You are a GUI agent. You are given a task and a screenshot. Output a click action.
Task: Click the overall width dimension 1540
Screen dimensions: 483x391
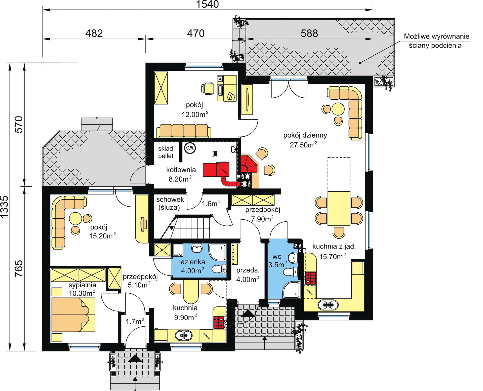pos(207,4)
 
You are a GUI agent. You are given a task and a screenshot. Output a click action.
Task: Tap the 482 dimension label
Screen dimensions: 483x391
pos(94,33)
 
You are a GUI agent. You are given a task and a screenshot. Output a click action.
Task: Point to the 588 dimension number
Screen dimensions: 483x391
pos(309,33)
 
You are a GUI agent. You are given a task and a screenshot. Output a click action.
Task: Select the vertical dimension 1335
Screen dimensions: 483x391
pos(5,207)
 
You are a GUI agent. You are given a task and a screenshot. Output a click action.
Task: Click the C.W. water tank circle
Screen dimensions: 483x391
pos(190,148)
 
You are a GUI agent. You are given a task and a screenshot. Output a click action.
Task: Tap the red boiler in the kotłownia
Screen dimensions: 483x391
pos(216,169)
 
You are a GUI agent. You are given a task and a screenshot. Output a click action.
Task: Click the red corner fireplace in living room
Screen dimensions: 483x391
pos(249,163)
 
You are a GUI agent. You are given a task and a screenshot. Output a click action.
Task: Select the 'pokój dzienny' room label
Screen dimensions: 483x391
pos(305,135)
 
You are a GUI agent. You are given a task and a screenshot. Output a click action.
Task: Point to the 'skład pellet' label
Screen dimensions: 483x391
pos(166,152)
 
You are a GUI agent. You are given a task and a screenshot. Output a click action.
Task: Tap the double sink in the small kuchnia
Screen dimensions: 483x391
pos(184,335)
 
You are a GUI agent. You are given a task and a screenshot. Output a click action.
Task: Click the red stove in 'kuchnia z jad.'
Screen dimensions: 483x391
pos(310,278)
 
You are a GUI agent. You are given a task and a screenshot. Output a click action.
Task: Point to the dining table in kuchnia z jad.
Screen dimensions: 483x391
pos(339,208)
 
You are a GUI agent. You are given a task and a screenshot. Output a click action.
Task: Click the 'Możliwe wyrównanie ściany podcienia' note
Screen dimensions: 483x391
pos(436,41)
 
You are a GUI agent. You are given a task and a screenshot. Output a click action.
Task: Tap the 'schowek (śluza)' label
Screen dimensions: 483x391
pos(170,203)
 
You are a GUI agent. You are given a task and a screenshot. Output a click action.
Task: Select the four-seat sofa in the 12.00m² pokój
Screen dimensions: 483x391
pos(184,131)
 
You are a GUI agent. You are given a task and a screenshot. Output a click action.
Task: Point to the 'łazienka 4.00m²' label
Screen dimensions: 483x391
pos(192,266)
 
